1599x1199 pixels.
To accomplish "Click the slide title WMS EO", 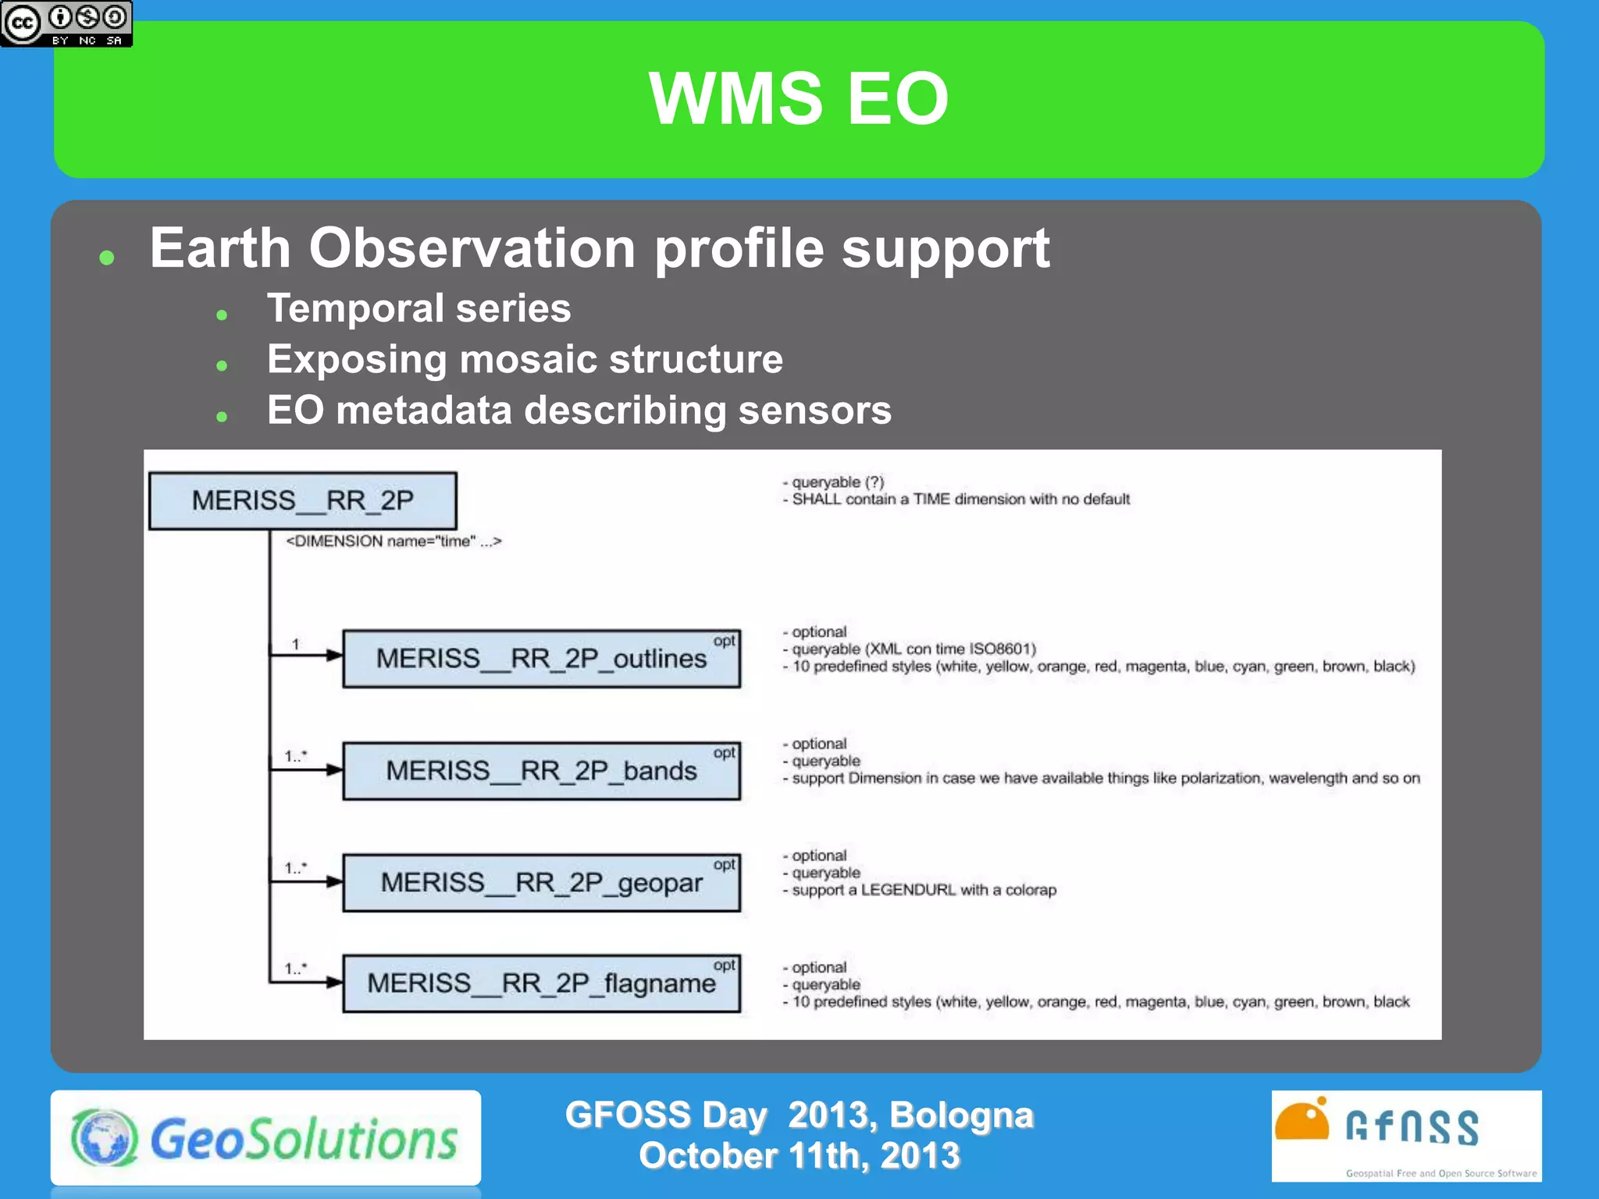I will click(x=798, y=99).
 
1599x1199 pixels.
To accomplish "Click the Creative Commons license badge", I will click(x=66, y=23).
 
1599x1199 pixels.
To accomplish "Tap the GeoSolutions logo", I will click(x=265, y=1139).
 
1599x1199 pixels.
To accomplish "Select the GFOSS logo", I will click(x=1405, y=1136).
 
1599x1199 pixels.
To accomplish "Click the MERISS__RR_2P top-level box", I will click(x=302, y=500).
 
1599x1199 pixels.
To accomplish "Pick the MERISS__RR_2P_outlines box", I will click(x=541, y=659).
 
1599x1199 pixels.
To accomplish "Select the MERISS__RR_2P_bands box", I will click(x=541, y=771).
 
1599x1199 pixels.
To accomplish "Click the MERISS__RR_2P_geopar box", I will click(x=541, y=883).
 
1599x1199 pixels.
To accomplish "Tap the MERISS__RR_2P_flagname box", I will click(x=541, y=984).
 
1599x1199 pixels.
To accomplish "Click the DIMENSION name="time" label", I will click(x=394, y=541).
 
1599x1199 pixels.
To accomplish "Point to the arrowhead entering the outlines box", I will click(x=334, y=656).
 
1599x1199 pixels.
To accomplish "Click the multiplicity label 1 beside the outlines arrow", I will click(x=296, y=644).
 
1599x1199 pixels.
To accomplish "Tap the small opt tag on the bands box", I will click(x=724, y=752).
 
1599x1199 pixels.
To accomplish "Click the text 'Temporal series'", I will click(x=418, y=308).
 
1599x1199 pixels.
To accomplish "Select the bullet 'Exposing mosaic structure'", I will click(x=525, y=360).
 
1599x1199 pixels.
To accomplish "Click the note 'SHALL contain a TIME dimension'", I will click(x=960, y=500).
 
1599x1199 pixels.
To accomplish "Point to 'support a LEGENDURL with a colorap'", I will click(x=924, y=890).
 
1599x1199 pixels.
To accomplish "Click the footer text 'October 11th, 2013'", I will click(x=799, y=1156).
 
